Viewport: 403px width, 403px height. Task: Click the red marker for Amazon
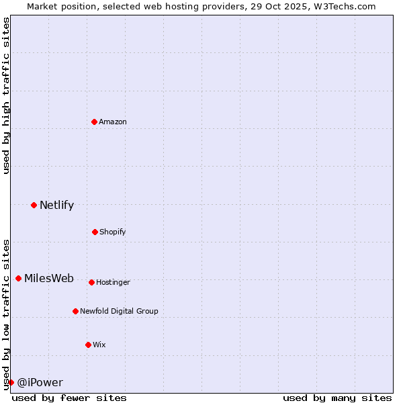click(x=94, y=122)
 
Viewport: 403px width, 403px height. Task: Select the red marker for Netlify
click(x=34, y=205)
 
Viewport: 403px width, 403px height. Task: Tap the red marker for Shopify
click(x=95, y=232)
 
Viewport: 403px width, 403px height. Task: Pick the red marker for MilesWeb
click(x=18, y=278)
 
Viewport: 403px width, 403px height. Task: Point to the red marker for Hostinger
click(x=91, y=282)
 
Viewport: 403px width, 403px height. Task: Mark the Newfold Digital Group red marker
click(x=75, y=311)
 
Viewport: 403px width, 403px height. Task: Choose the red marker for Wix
click(x=88, y=345)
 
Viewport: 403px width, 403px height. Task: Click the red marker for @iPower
click(x=11, y=382)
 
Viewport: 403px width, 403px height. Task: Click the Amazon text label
click(x=113, y=122)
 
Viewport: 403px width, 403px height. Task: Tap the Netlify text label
click(x=56, y=206)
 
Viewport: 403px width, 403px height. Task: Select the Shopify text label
click(x=113, y=232)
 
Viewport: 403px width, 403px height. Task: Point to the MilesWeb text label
click(x=49, y=279)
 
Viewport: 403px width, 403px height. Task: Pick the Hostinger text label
click(x=113, y=282)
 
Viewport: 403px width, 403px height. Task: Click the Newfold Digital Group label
click(x=119, y=311)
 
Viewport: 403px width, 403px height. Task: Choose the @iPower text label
click(x=40, y=383)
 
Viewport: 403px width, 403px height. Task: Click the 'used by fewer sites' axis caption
click(x=69, y=398)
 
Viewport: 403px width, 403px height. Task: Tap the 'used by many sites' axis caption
click(x=337, y=398)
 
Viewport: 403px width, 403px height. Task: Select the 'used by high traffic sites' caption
click(x=6, y=95)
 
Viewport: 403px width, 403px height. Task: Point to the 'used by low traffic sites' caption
click(x=6, y=314)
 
